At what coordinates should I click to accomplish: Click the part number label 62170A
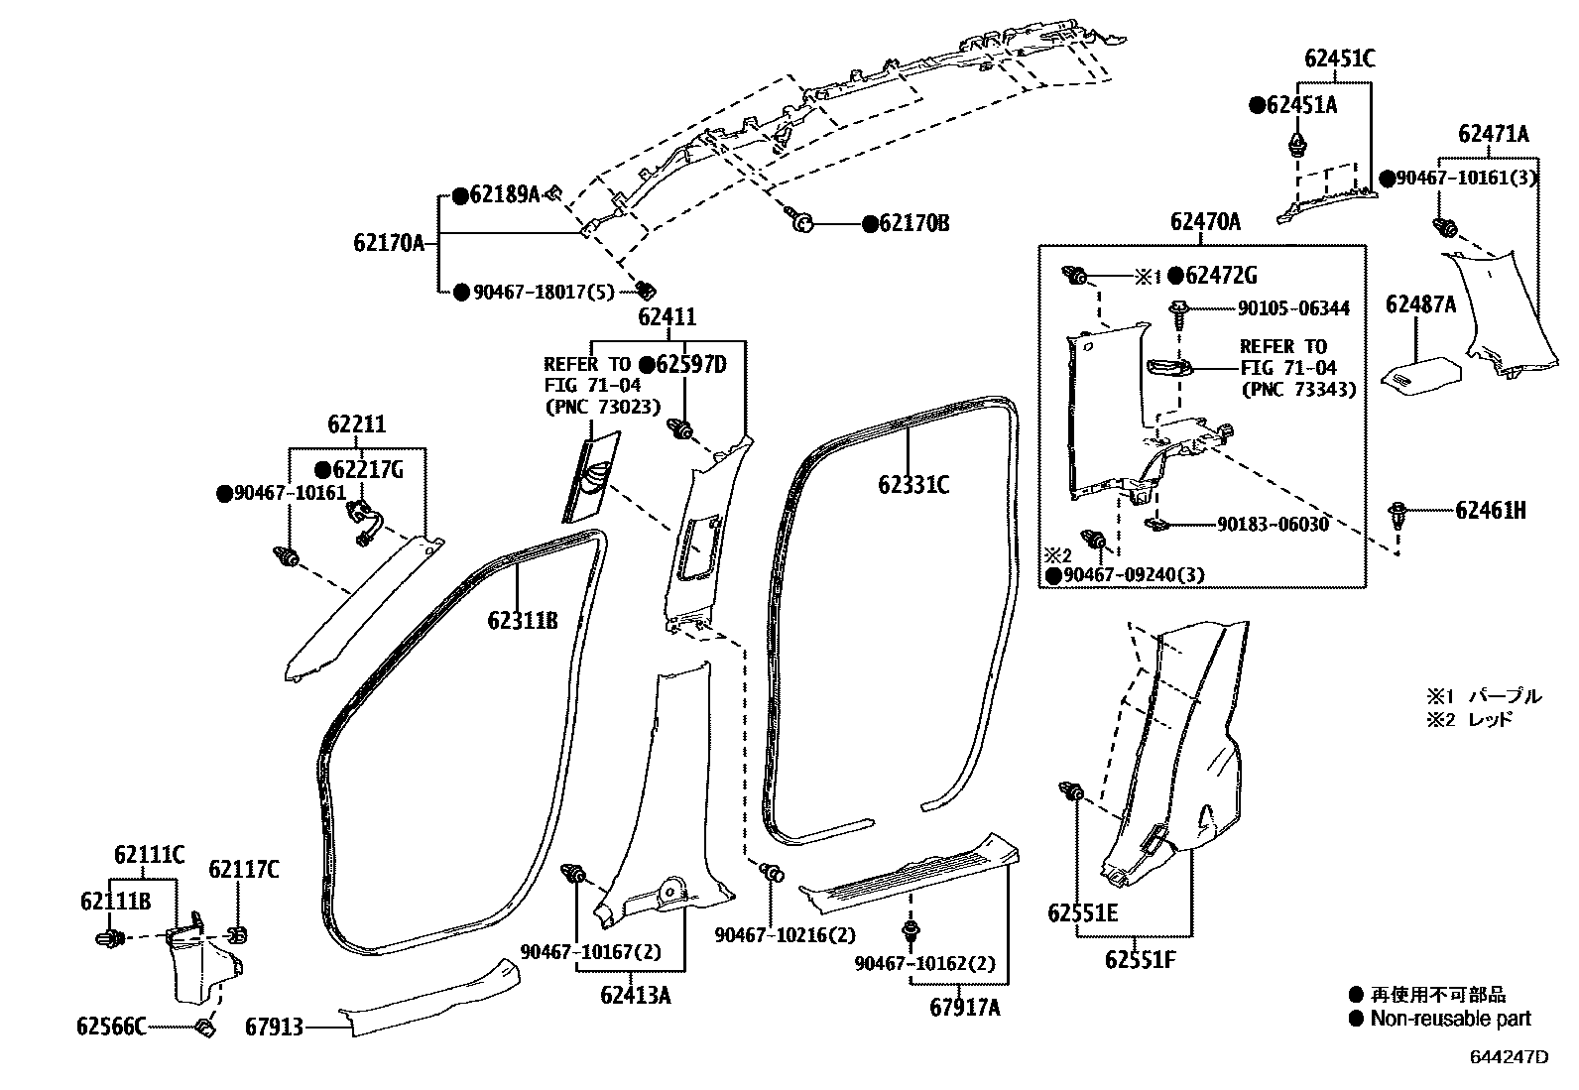click(388, 241)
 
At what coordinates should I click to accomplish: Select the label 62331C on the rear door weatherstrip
click(912, 485)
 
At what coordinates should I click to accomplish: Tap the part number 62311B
click(522, 621)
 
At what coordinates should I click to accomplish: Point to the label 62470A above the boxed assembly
click(1204, 221)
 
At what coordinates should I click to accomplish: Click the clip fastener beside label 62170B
click(801, 222)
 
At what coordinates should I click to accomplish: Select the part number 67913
click(274, 1029)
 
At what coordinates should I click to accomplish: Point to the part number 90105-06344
click(1293, 308)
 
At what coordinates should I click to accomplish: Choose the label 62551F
click(1142, 960)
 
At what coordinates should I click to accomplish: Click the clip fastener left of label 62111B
click(110, 937)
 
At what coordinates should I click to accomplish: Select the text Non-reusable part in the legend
click(1450, 1019)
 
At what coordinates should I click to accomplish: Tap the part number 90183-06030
click(1273, 525)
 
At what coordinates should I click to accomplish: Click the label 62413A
click(635, 995)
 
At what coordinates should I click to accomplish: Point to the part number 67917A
click(965, 1008)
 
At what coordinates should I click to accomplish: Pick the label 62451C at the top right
click(1339, 59)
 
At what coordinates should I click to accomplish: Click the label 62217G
click(367, 469)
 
